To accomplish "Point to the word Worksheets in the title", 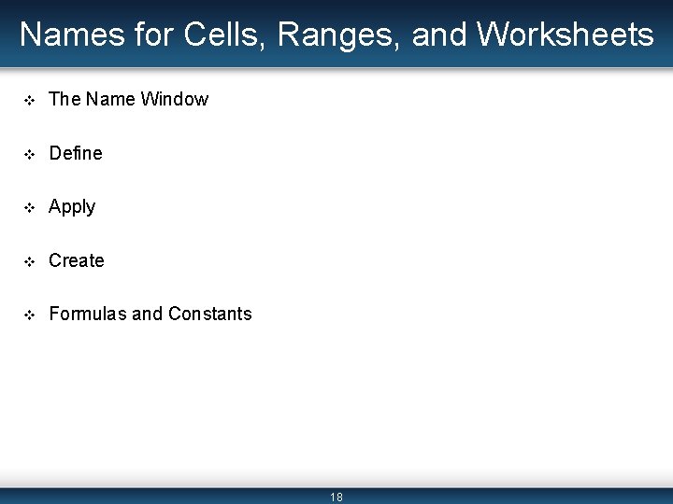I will [x=566, y=35].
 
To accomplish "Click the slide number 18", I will [x=336, y=497].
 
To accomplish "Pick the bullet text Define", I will [x=76, y=153].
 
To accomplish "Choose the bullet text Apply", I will [x=72, y=207].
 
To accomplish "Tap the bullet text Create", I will [x=77, y=260].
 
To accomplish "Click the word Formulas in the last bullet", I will [x=88, y=315].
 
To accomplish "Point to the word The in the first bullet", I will [x=64, y=99].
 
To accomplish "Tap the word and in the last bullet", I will [x=147, y=315].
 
